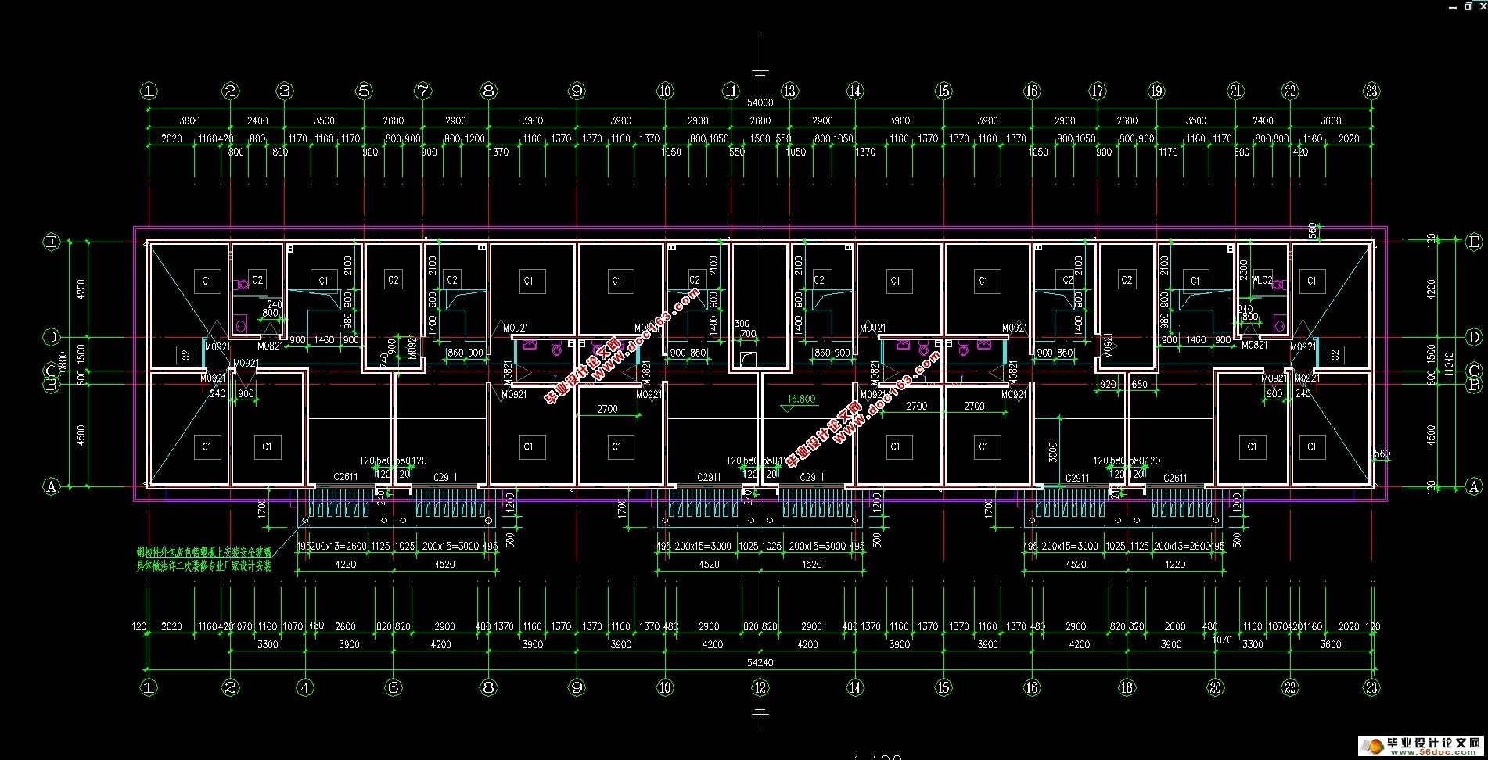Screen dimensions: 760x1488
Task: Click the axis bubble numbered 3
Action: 285,91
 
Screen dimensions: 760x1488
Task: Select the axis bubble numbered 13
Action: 789,91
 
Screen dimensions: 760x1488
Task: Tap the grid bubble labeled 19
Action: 1156,91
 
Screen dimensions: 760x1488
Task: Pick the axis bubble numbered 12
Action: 760,687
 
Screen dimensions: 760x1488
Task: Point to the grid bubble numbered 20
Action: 1215,687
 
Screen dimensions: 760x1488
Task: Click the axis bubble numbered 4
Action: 305,687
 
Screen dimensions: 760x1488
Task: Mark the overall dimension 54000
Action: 760,102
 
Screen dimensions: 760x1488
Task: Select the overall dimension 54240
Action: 760,662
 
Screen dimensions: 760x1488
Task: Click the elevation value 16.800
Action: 801,399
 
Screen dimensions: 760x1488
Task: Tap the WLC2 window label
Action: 1262,280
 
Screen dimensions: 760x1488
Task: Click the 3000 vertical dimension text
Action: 1053,451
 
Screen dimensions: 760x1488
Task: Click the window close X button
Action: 1480,5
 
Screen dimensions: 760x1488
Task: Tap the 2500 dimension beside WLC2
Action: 1244,270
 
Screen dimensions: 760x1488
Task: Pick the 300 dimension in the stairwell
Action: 742,323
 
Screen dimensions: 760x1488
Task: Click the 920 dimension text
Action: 1107,384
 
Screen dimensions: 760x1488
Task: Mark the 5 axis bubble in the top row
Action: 364,91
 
